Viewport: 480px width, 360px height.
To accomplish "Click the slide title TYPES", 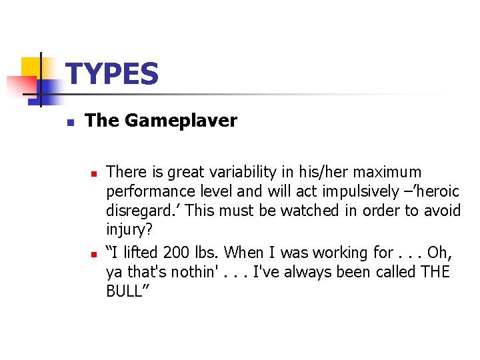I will [x=113, y=74].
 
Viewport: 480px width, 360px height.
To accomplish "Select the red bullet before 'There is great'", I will [x=95, y=173].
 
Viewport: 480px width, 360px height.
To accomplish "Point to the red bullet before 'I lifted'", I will [x=95, y=254].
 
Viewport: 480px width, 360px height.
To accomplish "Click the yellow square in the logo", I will [x=33, y=69].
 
